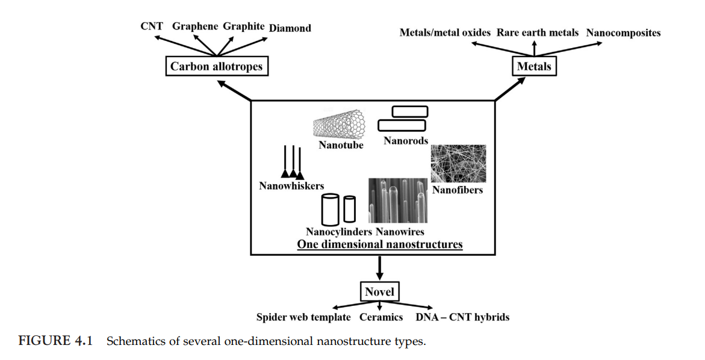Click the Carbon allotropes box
point(216,66)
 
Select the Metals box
point(534,66)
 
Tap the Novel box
point(379,292)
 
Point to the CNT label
point(152,26)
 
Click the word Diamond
point(290,28)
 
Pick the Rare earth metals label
point(537,33)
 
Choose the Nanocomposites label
point(623,33)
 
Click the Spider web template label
point(303,317)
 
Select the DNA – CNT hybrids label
point(462,317)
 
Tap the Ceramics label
point(380,317)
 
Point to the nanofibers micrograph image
point(458,164)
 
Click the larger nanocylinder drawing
point(330,209)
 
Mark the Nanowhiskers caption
point(291,186)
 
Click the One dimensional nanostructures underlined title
point(380,244)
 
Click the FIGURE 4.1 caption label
point(53,341)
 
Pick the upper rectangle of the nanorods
point(409,111)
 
